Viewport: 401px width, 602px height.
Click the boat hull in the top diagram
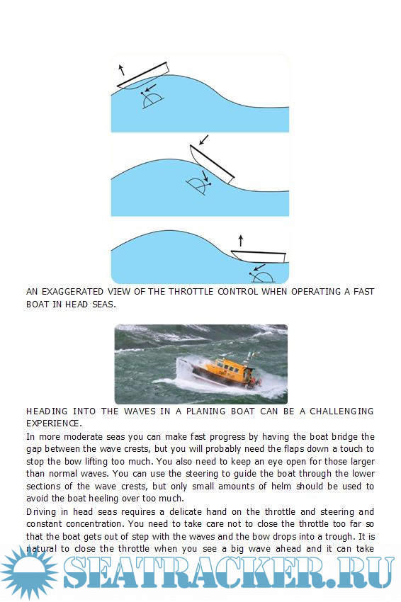pos(143,76)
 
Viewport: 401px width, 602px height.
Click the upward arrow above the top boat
pos(121,69)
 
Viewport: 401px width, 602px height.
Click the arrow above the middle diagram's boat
pos(203,140)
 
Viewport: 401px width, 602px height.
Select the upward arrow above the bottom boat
pos(241,241)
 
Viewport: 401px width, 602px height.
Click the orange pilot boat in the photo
pos(226,371)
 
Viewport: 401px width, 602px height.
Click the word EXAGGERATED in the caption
pos(72,291)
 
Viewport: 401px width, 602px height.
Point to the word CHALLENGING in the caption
pos(341,411)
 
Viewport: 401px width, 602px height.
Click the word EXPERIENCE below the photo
pos(53,424)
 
